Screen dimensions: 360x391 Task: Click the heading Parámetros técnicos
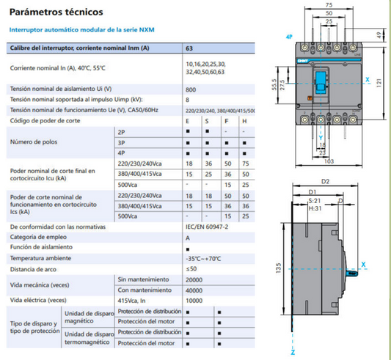51,13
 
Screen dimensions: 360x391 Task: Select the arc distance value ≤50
192,269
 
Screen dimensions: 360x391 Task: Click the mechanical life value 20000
194,279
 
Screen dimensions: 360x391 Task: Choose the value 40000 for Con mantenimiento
194,290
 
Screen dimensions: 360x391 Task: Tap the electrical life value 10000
194,300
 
